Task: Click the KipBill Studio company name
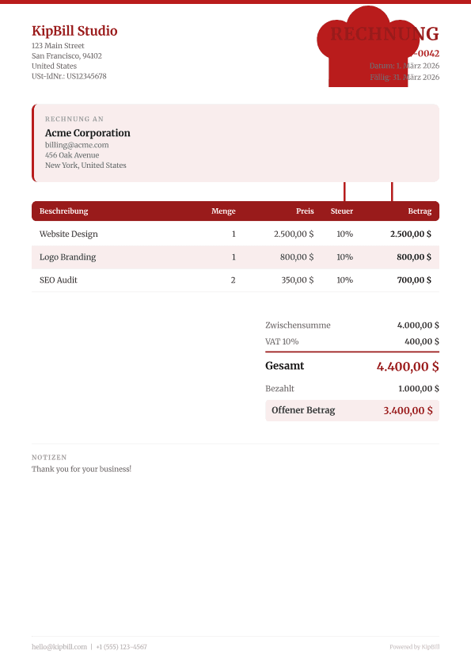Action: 74,31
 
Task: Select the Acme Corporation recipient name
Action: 88,133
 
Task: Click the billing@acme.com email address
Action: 77,145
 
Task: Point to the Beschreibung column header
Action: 64,211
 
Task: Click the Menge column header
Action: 223,211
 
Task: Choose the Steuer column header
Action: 342,211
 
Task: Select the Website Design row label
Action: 69,234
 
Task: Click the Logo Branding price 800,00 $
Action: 297,257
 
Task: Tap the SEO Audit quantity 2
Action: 233,280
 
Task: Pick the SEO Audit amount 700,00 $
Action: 414,280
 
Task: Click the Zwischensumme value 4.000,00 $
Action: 418,325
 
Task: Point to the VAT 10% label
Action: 282,341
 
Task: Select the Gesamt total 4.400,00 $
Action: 408,367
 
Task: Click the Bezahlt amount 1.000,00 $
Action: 418,389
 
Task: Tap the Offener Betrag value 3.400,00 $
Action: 408,410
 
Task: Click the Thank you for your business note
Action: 82,469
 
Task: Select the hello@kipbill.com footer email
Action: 59,647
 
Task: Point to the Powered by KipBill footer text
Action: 414,647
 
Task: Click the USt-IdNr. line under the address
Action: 69,77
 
